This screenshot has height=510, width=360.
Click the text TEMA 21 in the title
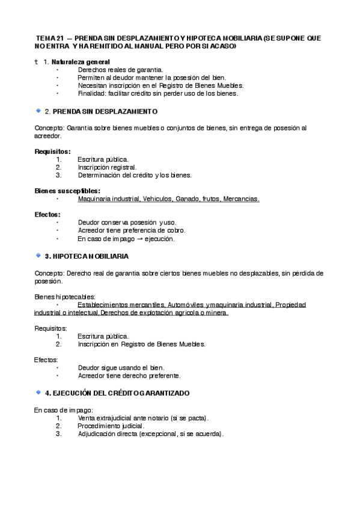49,38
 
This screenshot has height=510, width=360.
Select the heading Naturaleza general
81,62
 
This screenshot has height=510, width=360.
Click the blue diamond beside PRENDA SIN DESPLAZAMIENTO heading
38,111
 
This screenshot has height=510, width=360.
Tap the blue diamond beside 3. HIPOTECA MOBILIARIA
38,256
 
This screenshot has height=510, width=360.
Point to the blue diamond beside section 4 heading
38,392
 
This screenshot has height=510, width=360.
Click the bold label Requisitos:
53,151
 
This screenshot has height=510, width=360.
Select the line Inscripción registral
107,167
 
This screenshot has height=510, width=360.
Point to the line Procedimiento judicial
111,426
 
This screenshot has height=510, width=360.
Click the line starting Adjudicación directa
150,434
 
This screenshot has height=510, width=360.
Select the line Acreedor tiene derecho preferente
129,376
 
